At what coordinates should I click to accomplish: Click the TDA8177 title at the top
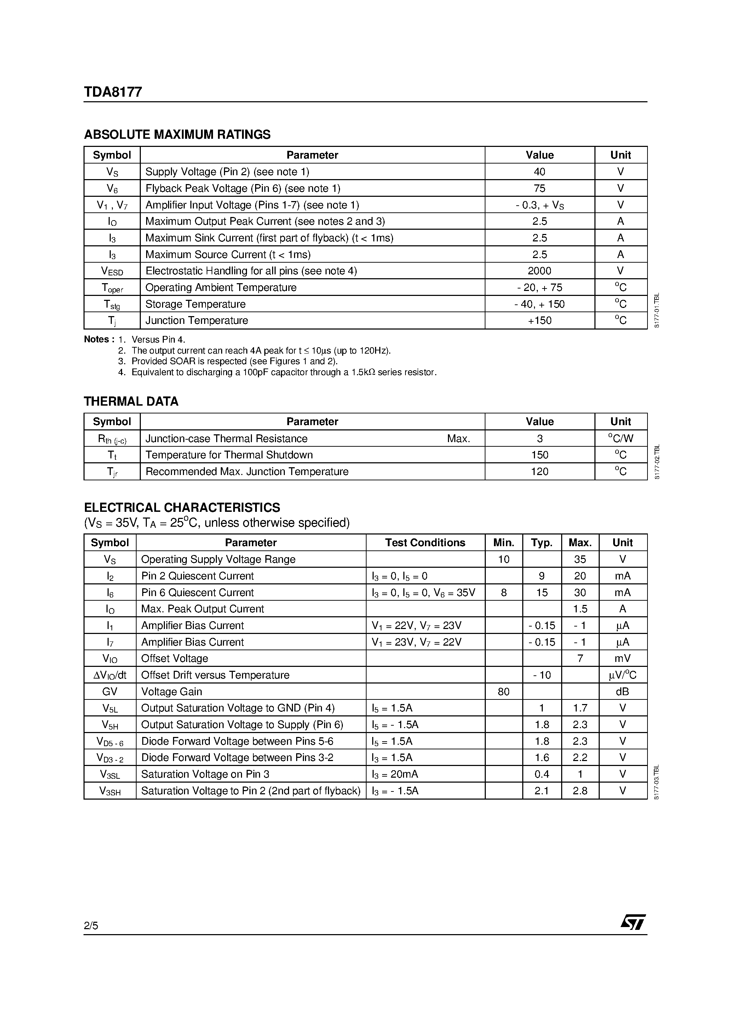click(x=113, y=92)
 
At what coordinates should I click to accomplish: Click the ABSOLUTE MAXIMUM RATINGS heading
click(x=177, y=135)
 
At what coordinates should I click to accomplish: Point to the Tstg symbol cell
click(x=111, y=305)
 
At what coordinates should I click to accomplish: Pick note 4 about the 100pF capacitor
click(x=283, y=372)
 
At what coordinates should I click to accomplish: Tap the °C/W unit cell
click(x=621, y=438)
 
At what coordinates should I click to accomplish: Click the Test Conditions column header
click(x=425, y=543)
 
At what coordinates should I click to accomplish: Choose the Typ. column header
click(x=541, y=543)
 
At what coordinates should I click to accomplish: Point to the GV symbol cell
click(x=110, y=692)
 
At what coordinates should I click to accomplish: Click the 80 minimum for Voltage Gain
click(x=503, y=692)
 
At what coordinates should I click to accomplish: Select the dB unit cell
click(x=622, y=692)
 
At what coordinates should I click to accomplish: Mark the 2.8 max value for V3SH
click(x=580, y=791)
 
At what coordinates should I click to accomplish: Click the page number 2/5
click(x=91, y=926)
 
